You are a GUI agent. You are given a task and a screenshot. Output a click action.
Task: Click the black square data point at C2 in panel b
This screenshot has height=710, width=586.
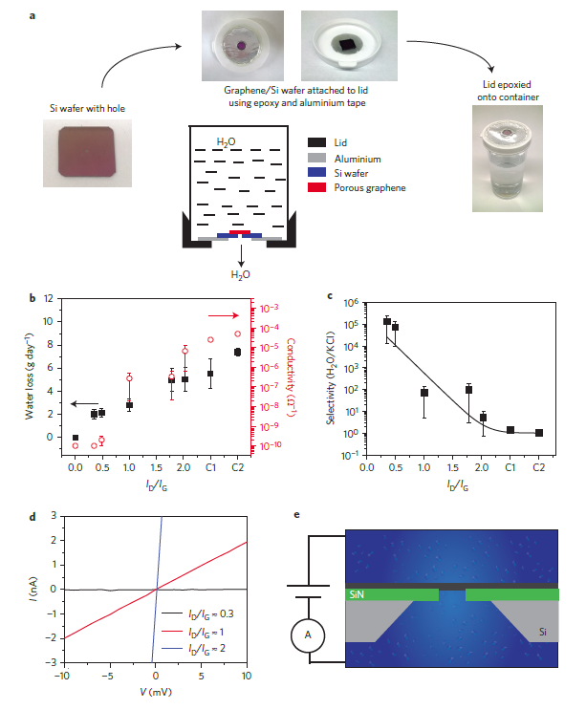pos(237,353)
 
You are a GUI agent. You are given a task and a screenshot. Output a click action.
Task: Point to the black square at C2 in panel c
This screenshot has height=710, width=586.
pos(539,433)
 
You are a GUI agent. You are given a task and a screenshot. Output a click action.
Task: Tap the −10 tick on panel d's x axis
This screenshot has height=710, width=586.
pos(62,677)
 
